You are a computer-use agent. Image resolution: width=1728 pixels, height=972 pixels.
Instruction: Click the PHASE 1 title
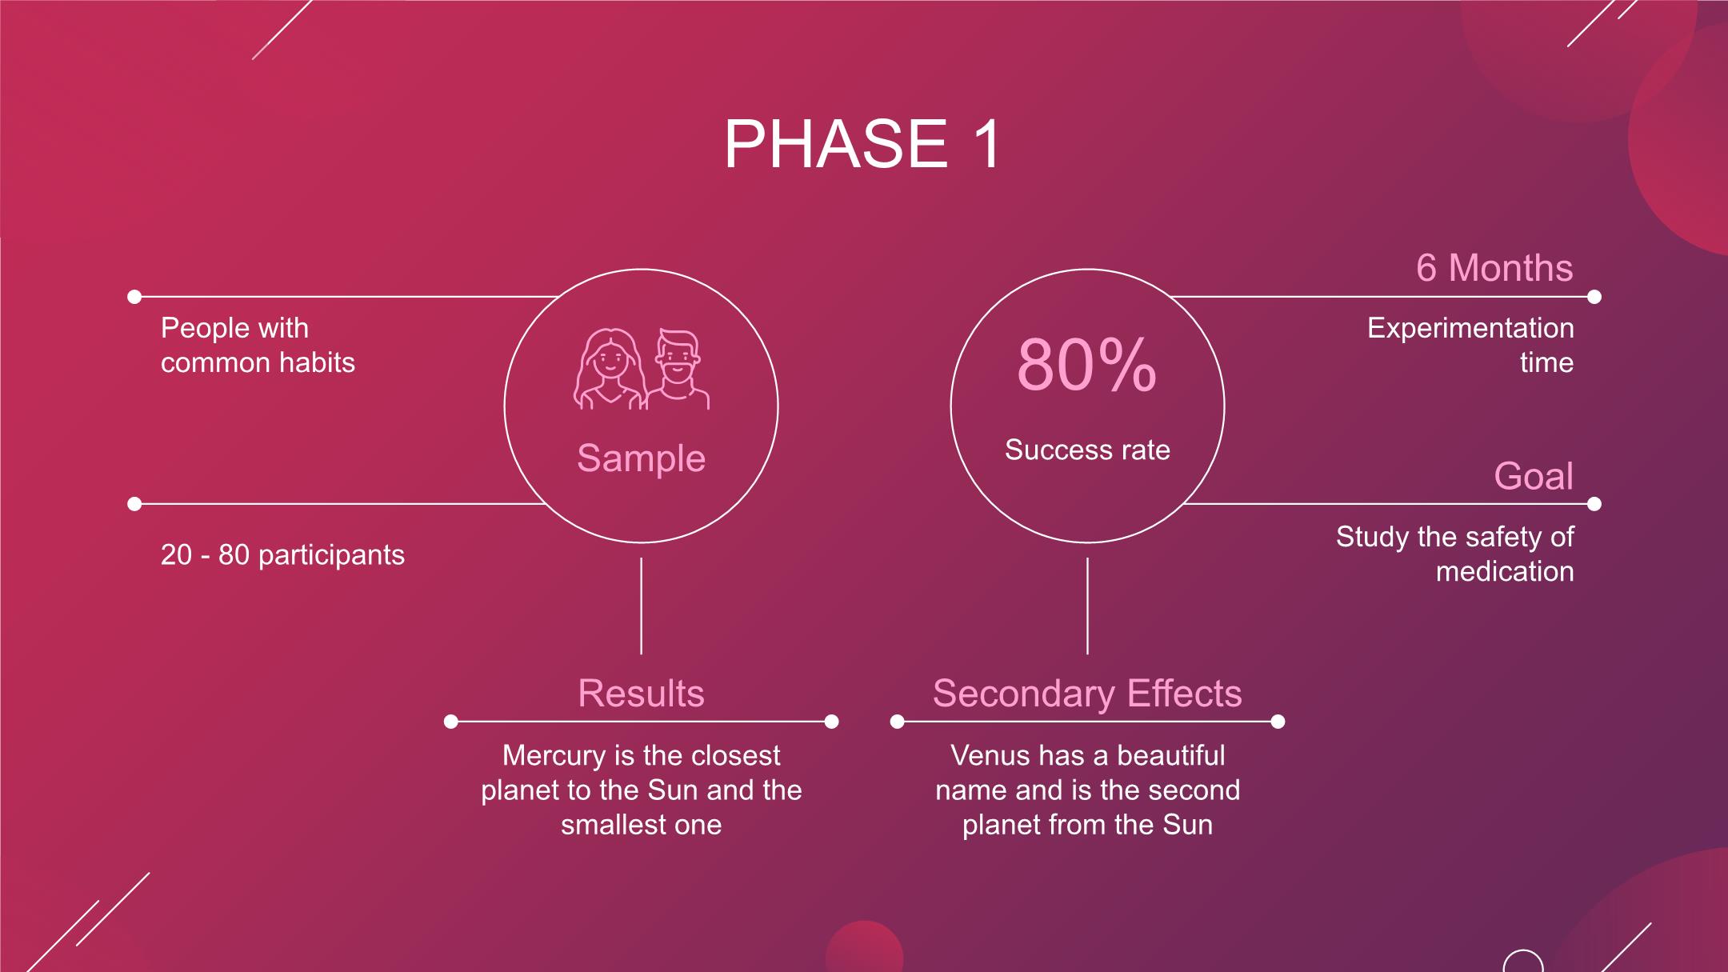[x=862, y=144]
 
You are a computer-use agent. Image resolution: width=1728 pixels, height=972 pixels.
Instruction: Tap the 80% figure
[x=1086, y=366]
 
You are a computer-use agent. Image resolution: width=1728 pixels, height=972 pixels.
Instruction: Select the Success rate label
[x=1087, y=450]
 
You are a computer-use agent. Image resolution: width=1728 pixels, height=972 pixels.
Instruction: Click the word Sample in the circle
[x=641, y=458]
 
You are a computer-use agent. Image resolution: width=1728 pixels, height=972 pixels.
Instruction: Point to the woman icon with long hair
[x=610, y=370]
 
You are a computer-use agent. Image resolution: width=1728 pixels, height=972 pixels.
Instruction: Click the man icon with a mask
[x=678, y=370]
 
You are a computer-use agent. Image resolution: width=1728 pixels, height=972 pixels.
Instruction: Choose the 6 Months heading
[x=1494, y=267]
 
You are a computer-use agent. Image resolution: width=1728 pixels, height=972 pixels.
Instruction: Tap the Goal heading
[x=1534, y=476]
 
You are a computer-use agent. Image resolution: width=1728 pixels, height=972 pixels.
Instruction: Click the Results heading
[x=641, y=693]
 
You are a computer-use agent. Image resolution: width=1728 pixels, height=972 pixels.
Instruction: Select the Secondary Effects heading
[x=1087, y=693]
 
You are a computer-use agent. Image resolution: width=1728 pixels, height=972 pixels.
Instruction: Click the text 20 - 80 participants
[x=282, y=554]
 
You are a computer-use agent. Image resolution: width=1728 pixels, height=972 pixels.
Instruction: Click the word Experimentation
[x=1470, y=328]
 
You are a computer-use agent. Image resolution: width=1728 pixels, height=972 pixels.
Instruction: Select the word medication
[x=1505, y=571]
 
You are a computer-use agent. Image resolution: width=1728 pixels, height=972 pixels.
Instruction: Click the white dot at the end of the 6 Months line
[x=1594, y=297]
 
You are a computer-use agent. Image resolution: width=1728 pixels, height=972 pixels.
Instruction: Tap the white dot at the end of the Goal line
[x=1594, y=504]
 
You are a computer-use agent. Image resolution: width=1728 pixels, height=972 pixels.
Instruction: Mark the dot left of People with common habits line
[x=134, y=297]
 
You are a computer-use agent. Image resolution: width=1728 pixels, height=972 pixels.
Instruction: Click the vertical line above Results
[x=641, y=606]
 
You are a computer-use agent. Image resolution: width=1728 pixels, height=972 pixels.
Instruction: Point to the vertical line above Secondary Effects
[x=1087, y=606]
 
